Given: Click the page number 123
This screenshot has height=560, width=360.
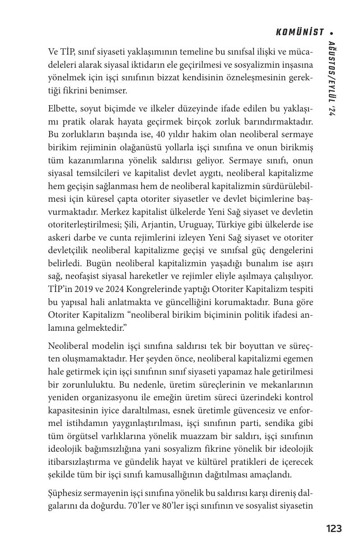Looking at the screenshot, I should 334,528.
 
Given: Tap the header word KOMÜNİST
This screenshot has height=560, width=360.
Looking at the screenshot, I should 300,32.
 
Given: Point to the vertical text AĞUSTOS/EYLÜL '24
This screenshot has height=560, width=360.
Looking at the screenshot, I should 332,79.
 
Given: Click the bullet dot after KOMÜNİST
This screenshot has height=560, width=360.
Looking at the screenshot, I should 332,32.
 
